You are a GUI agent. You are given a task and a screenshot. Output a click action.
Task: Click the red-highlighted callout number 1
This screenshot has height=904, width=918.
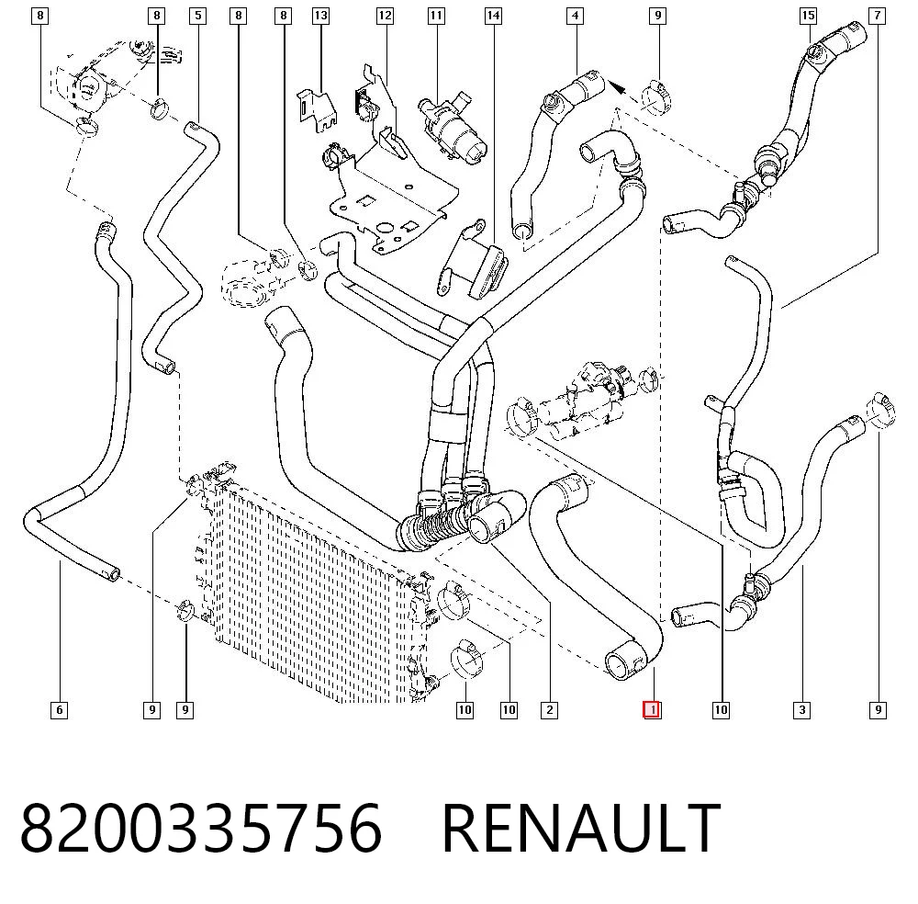point(652,709)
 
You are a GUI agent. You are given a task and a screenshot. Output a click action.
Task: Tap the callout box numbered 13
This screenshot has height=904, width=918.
point(320,16)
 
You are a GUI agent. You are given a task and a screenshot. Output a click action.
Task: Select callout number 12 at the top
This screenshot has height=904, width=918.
point(385,16)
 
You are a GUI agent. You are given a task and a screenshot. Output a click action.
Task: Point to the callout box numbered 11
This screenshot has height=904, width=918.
point(436,16)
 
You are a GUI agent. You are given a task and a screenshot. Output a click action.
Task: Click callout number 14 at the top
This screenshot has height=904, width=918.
point(494,16)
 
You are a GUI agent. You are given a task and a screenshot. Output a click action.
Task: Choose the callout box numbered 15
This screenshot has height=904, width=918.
point(809,16)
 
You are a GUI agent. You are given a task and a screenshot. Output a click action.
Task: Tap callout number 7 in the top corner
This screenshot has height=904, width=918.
point(877,16)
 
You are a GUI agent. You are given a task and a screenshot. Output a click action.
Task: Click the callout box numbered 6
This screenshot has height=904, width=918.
point(59,709)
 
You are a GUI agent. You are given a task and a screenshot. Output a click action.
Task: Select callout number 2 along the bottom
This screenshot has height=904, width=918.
point(549,709)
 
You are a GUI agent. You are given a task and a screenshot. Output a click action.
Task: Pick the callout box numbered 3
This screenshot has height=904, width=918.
point(802,709)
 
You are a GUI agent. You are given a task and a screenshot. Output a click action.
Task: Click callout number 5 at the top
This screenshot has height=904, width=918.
point(198,16)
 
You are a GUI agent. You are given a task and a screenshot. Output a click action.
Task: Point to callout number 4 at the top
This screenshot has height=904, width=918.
point(575,16)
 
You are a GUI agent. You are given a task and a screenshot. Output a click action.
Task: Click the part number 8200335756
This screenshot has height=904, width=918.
point(201,828)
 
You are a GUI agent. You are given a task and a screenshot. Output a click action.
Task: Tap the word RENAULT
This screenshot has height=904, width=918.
point(581,828)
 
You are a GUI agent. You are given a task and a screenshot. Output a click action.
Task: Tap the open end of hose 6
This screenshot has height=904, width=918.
point(112,573)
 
